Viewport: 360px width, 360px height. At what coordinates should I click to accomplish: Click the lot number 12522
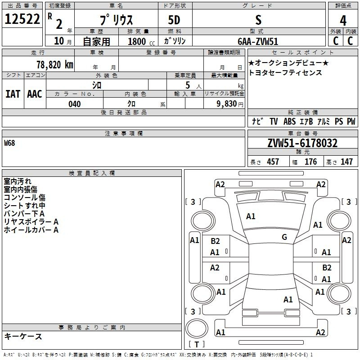coord(22,19)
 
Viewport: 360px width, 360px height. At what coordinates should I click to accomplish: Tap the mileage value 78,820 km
coord(55,65)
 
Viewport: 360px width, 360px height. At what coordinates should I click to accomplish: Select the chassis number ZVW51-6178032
coord(302,143)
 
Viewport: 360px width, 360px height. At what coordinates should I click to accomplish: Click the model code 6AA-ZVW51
coord(258,41)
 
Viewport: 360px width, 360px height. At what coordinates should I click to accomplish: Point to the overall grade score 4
coord(343,21)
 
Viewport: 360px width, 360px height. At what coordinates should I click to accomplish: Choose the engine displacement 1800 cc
coord(141,41)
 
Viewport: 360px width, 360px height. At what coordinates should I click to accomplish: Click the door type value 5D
coord(174,20)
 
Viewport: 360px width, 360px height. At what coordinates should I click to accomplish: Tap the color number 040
coord(75,104)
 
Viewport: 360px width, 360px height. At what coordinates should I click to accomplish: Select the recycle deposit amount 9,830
coord(227,104)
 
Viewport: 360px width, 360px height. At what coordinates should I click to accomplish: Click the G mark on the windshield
coord(284,237)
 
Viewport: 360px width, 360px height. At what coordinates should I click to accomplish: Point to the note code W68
coord(9,143)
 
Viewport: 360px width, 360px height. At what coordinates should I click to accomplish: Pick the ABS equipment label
coord(289,121)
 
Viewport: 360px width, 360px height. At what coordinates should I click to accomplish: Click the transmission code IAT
coord(13,94)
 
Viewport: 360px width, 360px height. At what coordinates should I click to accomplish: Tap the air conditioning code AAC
coord(35,94)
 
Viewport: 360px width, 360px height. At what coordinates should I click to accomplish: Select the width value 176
coord(310,162)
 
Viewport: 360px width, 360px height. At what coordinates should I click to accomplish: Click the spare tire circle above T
coord(197,328)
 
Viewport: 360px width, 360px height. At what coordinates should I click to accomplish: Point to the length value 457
coord(273,162)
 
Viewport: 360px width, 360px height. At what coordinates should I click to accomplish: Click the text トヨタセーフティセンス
coord(285,72)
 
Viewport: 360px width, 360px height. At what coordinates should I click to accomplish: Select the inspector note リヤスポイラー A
coord(31,222)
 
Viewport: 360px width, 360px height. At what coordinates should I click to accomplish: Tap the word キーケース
coord(23,336)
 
